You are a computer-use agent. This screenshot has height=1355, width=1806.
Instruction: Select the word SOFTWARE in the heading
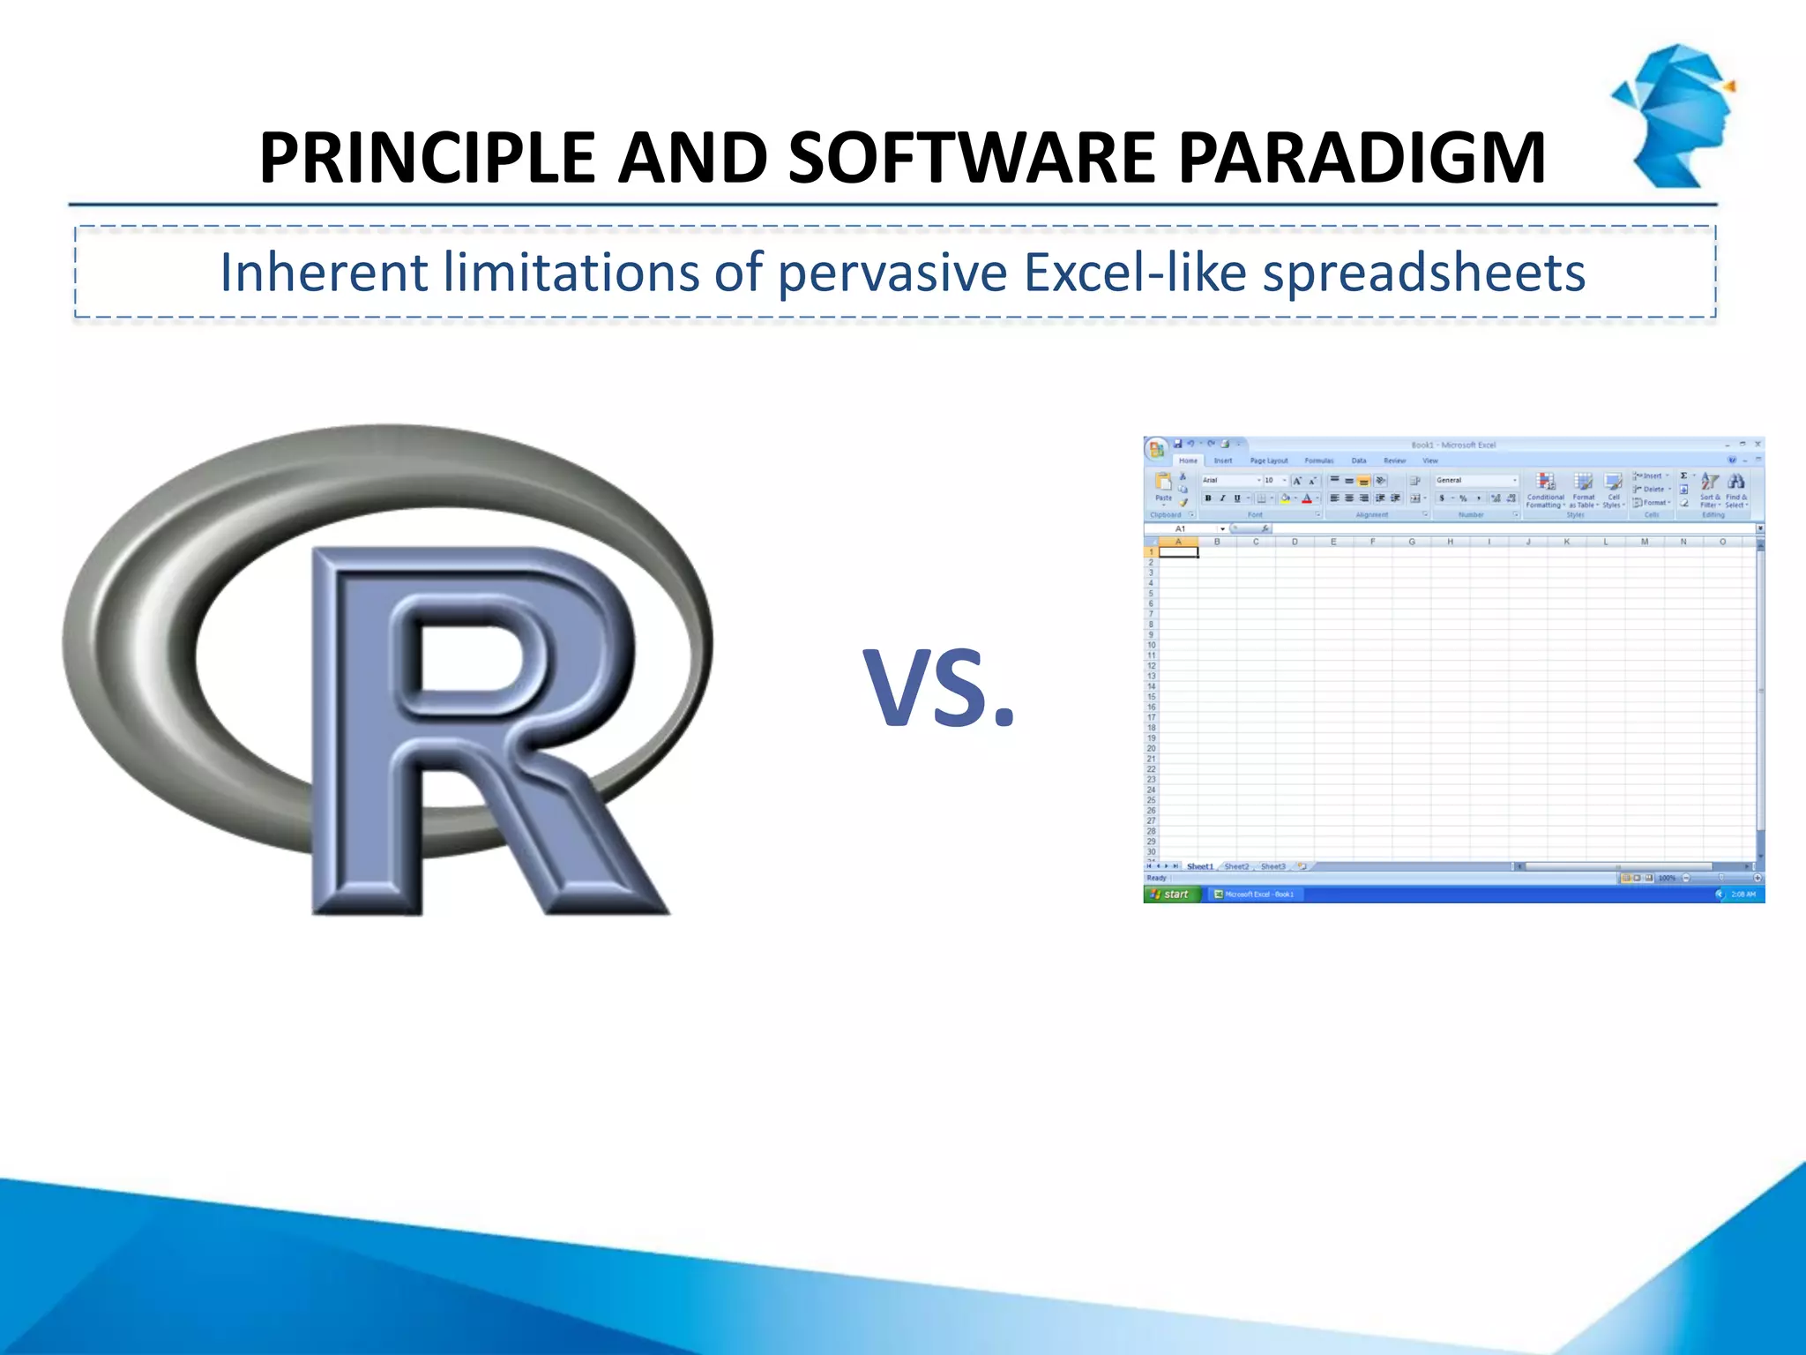coord(971,159)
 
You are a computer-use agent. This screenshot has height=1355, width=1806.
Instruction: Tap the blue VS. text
coord(938,688)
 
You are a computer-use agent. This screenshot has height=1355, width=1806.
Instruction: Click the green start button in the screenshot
coord(1171,895)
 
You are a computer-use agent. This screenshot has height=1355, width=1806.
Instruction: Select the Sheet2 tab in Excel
coord(1236,866)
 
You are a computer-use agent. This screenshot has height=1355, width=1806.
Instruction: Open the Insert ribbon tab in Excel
coord(1223,460)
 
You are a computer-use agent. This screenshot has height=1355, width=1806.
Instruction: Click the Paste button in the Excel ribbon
coord(1163,487)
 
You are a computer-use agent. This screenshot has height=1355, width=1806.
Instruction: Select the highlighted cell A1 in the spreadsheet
coord(1178,552)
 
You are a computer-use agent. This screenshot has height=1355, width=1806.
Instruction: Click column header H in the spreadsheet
coord(1450,542)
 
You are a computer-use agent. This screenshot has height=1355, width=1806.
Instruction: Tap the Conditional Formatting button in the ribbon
coord(1546,490)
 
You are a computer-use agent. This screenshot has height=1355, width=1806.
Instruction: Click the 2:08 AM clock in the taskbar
coord(1743,895)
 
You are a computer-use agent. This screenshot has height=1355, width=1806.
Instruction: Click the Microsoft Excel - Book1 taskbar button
coord(1255,895)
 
